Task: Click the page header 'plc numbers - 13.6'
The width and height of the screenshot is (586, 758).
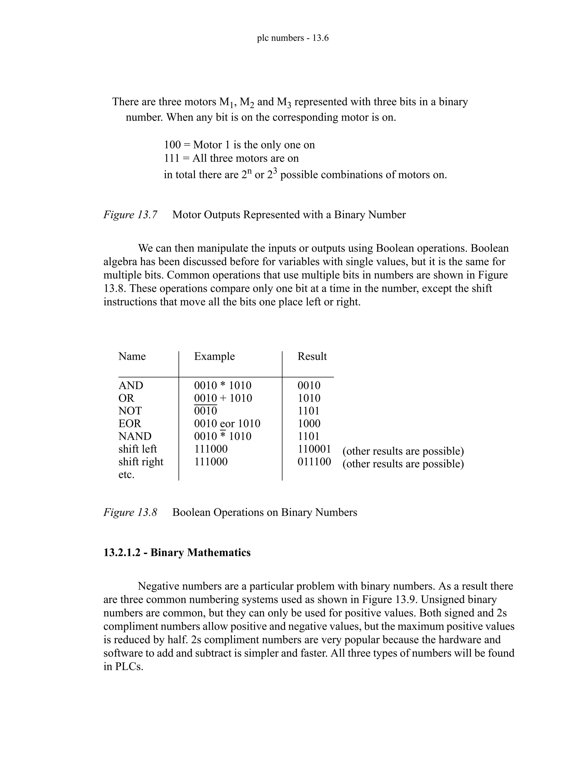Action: coord(293,38)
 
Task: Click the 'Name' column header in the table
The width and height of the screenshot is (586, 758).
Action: coord(132,356)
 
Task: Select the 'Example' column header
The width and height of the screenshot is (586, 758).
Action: coord(214,356)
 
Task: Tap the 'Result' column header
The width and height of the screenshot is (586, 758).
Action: coord(312,356)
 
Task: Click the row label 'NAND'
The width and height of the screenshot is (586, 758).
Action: coord(135,436)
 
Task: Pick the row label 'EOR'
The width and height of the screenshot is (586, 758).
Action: coord(130,423)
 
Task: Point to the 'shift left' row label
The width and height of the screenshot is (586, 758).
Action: coord(137,449)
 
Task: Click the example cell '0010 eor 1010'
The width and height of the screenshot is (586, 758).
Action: coord(227,423)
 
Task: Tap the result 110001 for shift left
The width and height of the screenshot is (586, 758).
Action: coord(314,449)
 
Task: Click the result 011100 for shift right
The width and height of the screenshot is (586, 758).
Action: coord(314,462)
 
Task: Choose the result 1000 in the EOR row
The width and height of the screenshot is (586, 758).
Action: coord(309,423)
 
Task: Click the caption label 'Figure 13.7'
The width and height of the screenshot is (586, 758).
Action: coord(130,215)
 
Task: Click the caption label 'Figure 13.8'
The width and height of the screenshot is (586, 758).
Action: coord(130,512)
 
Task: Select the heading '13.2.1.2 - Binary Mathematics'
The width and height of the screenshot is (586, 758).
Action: coord(177,552)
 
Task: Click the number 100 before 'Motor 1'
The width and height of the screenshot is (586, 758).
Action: coord(172,144)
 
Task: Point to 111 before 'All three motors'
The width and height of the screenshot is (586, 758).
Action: coord(171,158)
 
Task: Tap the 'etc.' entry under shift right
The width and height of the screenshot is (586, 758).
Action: coord(126,475)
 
